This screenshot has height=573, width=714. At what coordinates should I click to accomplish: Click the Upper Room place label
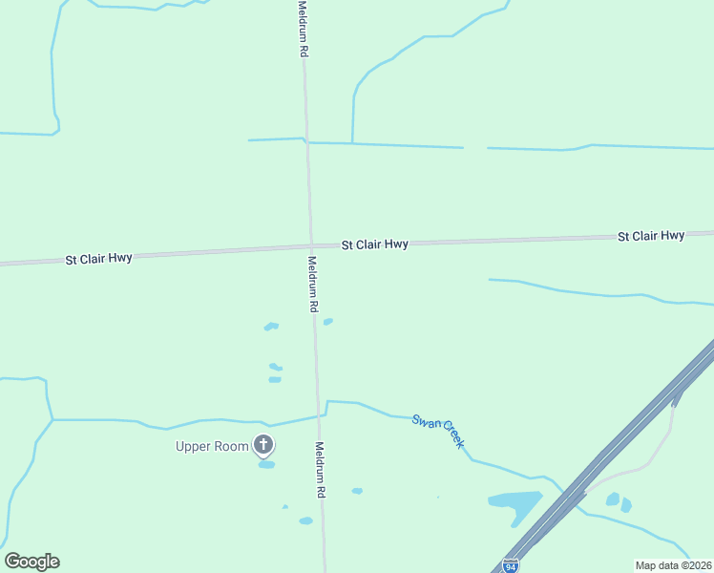(211, 446)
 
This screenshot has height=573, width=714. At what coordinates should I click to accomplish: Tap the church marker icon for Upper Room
(263, 445)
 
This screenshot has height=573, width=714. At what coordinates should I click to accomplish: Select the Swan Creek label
(438, 431)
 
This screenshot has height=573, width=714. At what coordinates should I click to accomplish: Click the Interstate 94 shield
(512, 565)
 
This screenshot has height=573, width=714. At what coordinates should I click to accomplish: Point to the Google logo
(31, 562)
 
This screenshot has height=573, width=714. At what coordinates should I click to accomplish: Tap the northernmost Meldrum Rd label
(303, 30)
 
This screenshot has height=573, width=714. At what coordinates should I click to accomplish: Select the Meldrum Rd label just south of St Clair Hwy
(312, 285)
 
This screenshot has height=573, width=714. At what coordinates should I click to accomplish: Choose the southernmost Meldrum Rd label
(322, 469)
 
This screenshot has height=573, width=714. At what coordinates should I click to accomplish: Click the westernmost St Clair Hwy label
(98, 259)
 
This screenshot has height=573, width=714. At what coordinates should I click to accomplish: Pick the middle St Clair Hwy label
(375, 244)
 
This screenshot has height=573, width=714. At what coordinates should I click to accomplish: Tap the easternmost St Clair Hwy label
(651, 235)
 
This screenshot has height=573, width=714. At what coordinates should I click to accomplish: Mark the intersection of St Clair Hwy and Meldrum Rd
(309, 247)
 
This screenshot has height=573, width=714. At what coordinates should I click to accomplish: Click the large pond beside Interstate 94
(515, 503)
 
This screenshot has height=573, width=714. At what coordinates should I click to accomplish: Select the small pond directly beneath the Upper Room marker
(266, 465)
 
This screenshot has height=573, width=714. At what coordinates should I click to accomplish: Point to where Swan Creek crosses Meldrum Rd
(319, 415)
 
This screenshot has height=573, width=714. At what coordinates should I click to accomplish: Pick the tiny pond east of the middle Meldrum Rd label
(328, 322)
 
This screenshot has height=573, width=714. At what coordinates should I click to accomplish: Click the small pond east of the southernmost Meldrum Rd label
(357, 491)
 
